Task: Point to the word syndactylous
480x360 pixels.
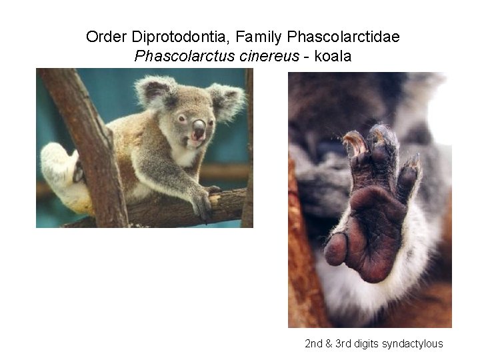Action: coord(416,344)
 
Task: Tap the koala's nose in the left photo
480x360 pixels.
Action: coord(199,127)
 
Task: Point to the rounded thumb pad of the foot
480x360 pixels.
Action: coord(336,249)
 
